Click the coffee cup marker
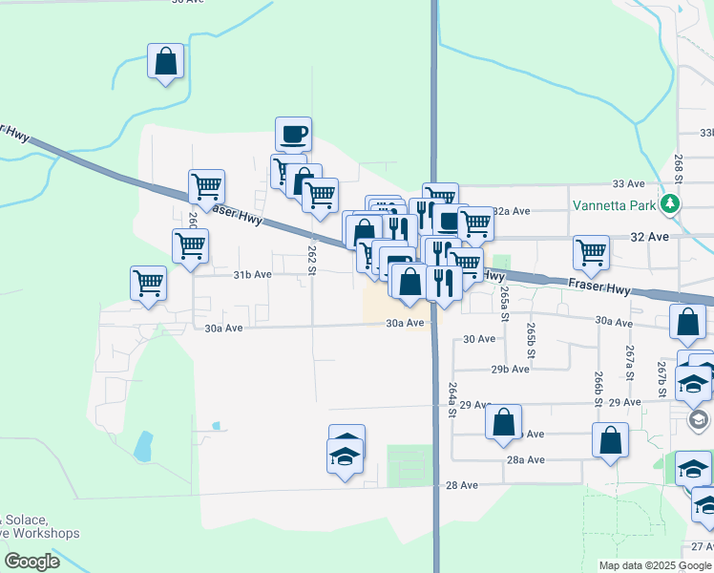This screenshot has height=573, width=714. (294, 134)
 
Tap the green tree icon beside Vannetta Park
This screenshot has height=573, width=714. (670, 204)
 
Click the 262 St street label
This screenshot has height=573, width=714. (311, 260)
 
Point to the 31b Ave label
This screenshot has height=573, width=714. (253, 274)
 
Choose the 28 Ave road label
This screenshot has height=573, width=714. (462, 485)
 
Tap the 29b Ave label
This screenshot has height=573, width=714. (511, 369)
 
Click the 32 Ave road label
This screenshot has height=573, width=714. (639, 236)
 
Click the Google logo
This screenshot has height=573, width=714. (31, 562)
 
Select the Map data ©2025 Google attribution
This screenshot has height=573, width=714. (655, 565)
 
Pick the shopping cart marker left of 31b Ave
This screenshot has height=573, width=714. (149, 284)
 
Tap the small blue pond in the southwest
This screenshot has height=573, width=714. (143, 445)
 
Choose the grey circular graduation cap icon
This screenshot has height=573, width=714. (698, 419)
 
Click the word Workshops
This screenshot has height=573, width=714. (46, 533)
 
